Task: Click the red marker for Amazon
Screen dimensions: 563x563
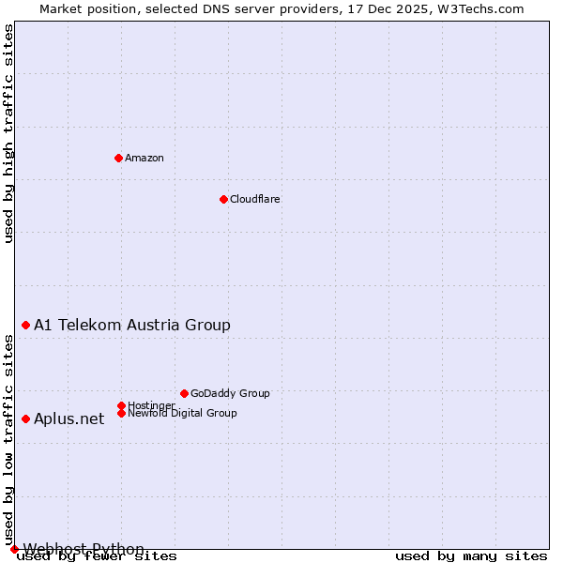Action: pyautogui.click(x=118, y=158)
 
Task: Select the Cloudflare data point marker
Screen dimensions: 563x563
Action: pyautogui.click(x=223, y=199)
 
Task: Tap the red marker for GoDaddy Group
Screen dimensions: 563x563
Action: pyautogui.click(x=184, y=393)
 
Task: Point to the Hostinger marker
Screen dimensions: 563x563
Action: pyautogui.click(x=121, y=405)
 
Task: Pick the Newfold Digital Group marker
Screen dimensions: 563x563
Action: pyautogui.click(x=121, y=413)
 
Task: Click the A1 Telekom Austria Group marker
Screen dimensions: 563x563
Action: pyautogui.click(x=25, y=325)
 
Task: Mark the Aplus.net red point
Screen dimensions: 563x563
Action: pyautogui.click(x=25, y=418)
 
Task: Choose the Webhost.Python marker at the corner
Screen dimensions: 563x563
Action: pyautogui.click(x=14, y=549)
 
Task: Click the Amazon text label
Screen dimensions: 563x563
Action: pyautogui.click(x=145, y=158)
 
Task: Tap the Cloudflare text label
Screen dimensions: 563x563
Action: pyautogui.click(x=255, y=199)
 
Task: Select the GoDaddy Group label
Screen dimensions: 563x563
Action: pyautogui.click(x=230, y=393)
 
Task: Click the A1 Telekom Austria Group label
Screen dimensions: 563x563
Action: pyautogui.click(x=132, y=325)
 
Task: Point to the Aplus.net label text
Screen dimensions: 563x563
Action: pyautogui.click(x=69, y=418)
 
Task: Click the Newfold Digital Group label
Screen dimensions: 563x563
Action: pyautogui.click(x=183, y=413)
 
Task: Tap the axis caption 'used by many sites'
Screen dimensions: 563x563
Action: pyautogui.click(x=471, y=555)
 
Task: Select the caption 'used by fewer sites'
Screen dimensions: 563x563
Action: pyautogui.click(x=97, y=555)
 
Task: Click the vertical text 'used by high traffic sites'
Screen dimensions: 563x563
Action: pyautogui.click(x=9, y=133)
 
